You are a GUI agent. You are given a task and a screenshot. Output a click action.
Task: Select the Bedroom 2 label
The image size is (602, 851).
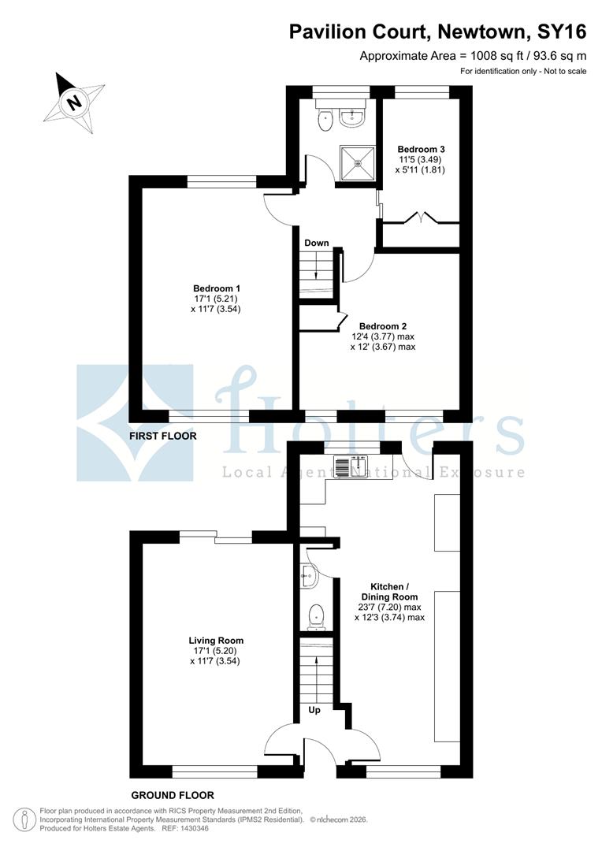coord(384,325)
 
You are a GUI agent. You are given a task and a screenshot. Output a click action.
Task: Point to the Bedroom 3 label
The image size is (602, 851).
coord(421,149)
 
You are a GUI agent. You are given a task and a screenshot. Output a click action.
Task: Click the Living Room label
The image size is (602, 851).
coord(215,641)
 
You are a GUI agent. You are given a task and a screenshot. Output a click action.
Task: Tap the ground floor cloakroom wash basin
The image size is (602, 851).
coord(308,579)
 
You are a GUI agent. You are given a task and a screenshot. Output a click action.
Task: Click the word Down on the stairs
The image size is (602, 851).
coord(316,243)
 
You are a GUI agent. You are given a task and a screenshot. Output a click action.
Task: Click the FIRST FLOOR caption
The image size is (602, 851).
coord(164,436)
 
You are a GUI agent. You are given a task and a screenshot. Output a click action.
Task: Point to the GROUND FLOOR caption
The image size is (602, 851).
coord(173,795)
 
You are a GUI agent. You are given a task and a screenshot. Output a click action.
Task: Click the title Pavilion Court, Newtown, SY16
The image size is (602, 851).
coord(437,32)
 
